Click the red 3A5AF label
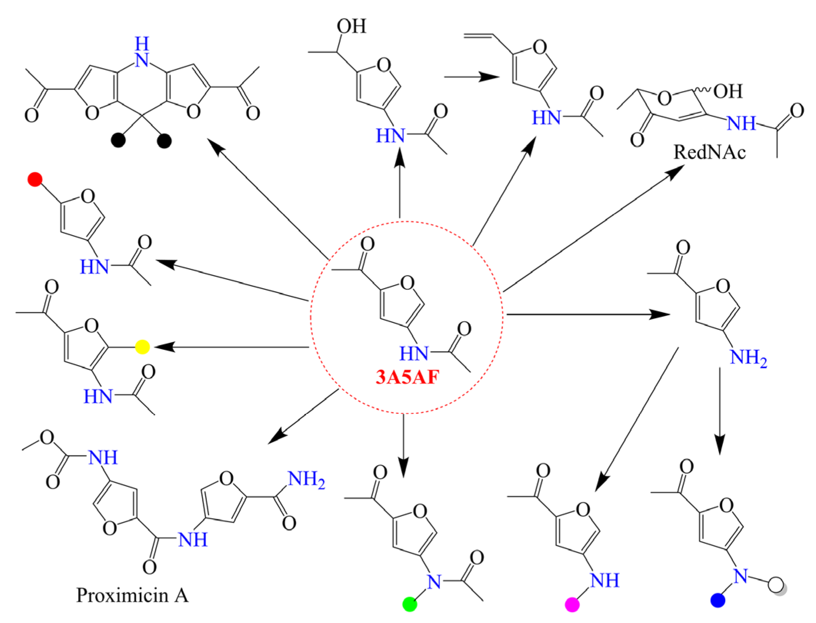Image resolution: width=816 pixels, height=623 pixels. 407,377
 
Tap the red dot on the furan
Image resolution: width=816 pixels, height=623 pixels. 35,179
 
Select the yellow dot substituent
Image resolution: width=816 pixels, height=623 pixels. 142,347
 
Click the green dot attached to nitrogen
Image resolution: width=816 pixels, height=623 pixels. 410,604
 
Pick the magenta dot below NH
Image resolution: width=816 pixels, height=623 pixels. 572,604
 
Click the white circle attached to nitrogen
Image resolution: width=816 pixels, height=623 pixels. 776,585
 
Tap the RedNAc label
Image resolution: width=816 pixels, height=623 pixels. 709,152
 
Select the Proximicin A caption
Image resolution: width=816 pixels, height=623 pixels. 132,595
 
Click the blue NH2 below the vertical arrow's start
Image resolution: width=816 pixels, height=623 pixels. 748,357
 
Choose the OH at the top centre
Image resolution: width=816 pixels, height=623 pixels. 351,27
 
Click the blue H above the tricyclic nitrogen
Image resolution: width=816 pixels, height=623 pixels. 142,44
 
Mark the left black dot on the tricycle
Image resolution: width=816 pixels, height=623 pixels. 118,140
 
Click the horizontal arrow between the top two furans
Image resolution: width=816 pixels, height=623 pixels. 472,77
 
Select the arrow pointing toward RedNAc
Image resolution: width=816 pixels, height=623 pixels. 593,229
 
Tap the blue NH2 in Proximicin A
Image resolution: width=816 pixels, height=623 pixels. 306,479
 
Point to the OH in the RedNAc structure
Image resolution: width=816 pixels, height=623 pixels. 728,92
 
